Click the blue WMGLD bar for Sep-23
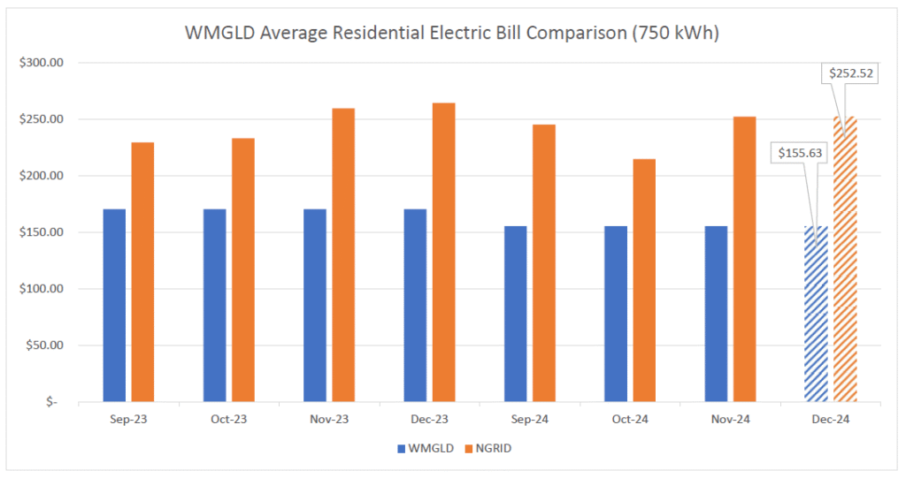(114, 305)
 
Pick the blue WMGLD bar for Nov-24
(716, 314)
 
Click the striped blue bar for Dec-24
(816, 314)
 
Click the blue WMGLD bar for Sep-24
(515, 314)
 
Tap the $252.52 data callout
(851, 73)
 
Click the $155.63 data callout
(800, 152)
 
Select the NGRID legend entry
(486, 448)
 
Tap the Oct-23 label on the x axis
(228, 420)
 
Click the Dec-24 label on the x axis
(830, 420)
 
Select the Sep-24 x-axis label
(529, 420)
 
